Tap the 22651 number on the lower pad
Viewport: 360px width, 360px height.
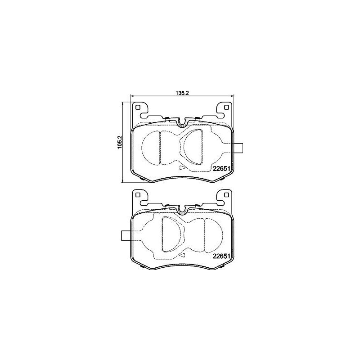click(222, 256)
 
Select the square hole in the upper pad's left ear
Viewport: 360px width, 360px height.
click(139, 108)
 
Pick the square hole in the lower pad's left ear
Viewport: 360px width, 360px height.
click(139, 195)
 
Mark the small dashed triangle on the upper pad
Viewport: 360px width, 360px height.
click(182, 167)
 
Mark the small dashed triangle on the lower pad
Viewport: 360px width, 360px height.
click(182, 255)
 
